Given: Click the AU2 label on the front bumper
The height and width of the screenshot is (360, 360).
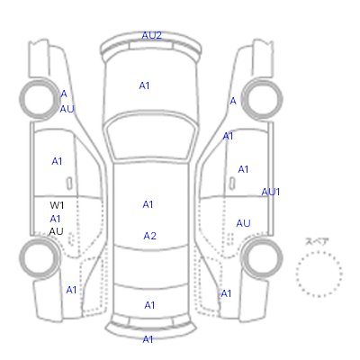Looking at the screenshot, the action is (x=151, y=35).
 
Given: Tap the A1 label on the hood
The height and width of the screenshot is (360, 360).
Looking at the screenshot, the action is (x=144, y=85).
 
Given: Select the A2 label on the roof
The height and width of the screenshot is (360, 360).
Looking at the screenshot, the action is (x=149, y=236).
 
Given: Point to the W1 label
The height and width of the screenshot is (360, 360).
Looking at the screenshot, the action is (x=57, y=205).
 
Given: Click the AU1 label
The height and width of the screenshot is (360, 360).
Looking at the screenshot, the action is (x=271, y=192).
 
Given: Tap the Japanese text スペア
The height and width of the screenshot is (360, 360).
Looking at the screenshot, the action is (x=317, y=241).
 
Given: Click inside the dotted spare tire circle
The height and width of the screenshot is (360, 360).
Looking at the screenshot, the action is (x=319, y=274).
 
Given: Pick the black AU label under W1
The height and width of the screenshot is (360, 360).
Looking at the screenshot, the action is (x=56, y=231).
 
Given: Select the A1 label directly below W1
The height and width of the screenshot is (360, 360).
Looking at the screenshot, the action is (x=55, y=219).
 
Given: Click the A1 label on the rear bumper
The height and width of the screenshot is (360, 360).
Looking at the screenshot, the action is (x=148, y=339).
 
